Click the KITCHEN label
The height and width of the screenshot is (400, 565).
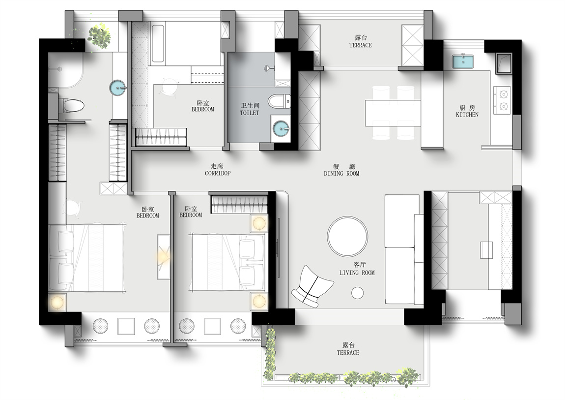coord(467,115)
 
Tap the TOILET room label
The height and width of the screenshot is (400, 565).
coord(250,113)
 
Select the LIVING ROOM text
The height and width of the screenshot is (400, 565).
coord(357,273)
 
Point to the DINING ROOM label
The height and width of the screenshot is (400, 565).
coord(341,174)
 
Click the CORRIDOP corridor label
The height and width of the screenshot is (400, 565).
coord(218,173)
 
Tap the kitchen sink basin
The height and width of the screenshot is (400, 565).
coord(463,61)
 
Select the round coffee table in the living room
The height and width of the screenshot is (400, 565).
coord(348,237)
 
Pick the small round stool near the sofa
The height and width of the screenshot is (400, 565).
coord(358,293)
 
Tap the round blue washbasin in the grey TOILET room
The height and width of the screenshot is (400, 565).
coord(281,128)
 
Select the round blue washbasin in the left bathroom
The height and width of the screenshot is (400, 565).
coord(118,87)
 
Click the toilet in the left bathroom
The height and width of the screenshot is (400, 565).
coord(71,106)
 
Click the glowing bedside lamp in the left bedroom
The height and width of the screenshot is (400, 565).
coord(57,302)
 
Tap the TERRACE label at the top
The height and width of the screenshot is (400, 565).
coord(360,45)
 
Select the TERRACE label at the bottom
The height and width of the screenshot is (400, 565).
coord(348,352)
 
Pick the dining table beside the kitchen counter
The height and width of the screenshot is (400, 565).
coord(393,113)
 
